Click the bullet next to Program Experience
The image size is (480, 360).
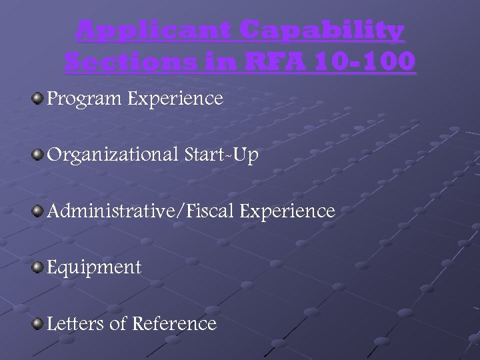point(37,99)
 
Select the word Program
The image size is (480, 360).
point(84,99)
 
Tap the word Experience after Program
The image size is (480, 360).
point(175,99)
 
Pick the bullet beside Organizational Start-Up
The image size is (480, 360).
point(37,155)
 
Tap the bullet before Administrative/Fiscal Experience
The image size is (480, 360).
point(37,211)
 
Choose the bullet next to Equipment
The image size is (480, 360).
point(37,267)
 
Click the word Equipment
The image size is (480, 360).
point(94,268)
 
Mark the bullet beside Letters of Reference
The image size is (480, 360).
point(37,323)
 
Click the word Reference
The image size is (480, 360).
point(175,324)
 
